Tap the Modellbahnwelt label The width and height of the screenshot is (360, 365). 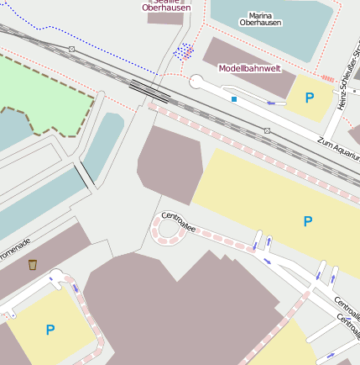click(249, 68)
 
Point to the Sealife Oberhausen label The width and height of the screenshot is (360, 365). click(166, 6)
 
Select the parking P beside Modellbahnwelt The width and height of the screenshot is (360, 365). click(310, 98)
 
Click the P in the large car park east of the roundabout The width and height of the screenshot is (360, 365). click(307, 221)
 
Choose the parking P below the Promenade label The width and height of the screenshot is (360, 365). click(50, 330)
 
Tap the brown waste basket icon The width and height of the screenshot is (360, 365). click(33, 265)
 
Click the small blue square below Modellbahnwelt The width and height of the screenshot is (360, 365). click(234, 99)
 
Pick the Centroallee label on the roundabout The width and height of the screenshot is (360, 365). click(178, 221)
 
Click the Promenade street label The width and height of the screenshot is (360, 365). click(13, 250)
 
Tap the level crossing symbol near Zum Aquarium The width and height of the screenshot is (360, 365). click(267, 130)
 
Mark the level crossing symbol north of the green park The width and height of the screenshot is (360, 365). click(71, 49)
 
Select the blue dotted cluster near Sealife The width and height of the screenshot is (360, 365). click(183, 51)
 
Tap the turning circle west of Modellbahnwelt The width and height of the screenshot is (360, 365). click(196, 82)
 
